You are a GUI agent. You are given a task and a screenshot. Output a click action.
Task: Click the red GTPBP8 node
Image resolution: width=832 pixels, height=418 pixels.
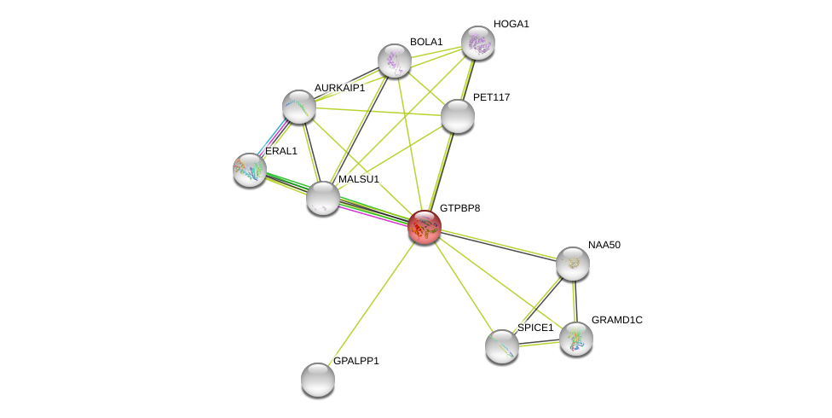point(424,227)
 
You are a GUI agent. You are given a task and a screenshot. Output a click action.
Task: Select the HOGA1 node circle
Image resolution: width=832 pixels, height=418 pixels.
point(477,43)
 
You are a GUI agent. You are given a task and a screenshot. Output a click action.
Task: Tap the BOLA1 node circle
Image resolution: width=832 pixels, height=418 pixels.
point(395,61)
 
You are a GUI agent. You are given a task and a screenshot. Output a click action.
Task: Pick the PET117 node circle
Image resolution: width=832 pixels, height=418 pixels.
point(457,116)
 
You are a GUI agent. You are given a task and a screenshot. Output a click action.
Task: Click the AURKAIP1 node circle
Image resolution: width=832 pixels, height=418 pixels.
point(299,107)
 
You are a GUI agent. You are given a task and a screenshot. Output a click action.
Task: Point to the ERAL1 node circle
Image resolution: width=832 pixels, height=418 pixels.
point(250,170)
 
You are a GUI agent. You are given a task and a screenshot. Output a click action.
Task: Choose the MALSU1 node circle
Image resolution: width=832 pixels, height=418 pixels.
point(323,198)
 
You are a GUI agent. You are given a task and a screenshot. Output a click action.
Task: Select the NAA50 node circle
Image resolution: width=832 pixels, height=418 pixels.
point(572,264)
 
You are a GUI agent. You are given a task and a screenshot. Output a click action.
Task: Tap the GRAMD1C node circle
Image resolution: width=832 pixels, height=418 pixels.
point(576,338)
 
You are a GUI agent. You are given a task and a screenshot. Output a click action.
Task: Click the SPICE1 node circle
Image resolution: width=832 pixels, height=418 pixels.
point(502,345)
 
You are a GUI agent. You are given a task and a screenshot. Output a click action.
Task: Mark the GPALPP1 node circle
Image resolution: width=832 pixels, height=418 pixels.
point(318,380)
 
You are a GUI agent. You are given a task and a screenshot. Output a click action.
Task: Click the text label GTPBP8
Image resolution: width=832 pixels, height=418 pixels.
point(459,208)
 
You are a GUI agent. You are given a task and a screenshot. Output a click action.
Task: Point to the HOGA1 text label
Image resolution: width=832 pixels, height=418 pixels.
point(511,24)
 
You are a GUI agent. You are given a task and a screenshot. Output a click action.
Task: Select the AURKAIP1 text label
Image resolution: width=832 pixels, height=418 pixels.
point(339,88)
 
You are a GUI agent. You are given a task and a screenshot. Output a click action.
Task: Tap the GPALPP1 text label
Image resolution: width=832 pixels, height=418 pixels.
point(356,361)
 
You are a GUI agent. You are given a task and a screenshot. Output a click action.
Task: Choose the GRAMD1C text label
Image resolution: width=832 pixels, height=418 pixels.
point(617,320)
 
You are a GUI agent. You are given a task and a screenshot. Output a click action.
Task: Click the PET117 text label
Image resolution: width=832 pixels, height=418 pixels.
point(492,97)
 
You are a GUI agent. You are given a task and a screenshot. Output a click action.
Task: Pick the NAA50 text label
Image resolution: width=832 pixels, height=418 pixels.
point(604,245)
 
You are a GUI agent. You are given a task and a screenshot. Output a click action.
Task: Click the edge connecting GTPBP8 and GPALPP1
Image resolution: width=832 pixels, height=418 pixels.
point(371,303)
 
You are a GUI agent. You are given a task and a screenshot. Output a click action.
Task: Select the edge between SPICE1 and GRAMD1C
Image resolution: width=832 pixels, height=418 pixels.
point(539,343)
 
